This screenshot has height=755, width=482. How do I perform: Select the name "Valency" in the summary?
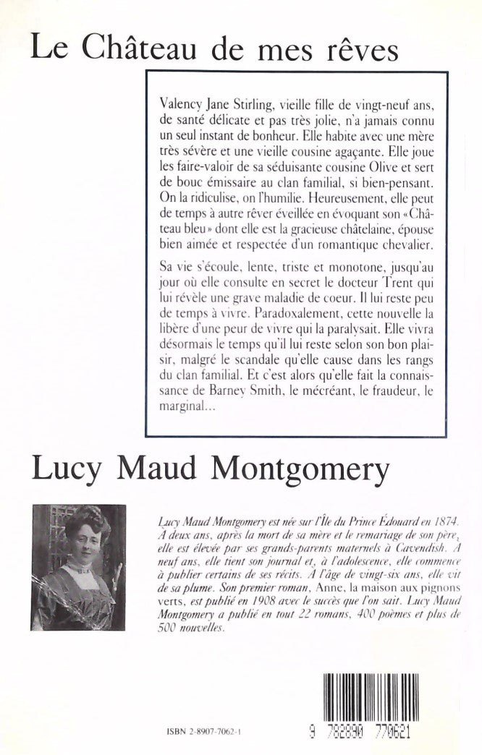click(x=183, y=104)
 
